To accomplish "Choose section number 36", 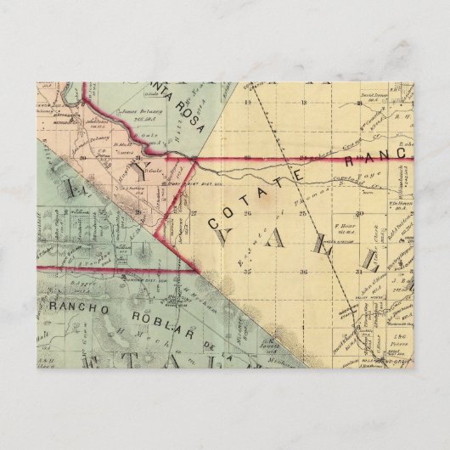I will (303, 270).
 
